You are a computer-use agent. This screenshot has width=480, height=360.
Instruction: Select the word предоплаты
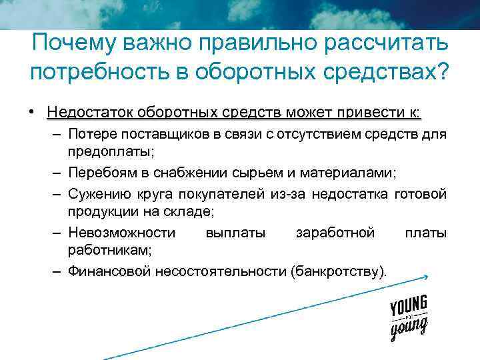click(x=110, y=151)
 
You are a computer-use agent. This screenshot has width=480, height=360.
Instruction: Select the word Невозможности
click(x=122, y=233)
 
